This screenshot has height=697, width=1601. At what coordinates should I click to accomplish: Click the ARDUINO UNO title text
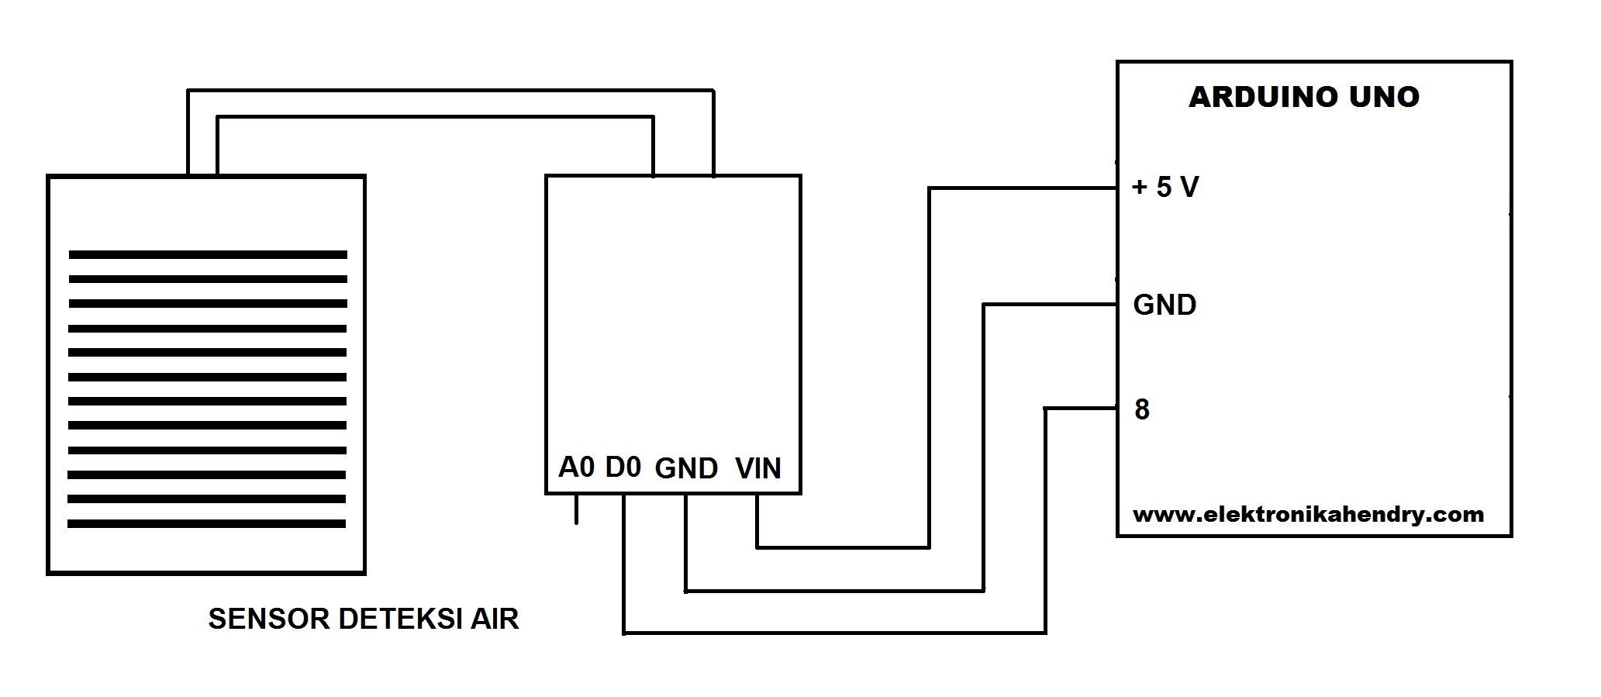[1303, 97]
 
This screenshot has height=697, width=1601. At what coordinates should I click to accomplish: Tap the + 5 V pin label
[1165, 187]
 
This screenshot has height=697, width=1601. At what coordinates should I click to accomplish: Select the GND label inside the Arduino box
[1165, 305]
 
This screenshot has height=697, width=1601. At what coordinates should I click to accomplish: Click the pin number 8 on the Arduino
[1141, 409]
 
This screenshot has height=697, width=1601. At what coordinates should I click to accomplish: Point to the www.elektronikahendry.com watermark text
[1308, 514]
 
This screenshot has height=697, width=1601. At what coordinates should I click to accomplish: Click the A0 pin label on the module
[576, 468]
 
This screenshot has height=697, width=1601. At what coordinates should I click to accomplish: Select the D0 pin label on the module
[623, 468]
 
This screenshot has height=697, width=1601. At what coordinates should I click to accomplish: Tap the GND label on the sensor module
[686, 468]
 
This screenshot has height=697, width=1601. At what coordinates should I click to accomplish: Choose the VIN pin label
[757, 468]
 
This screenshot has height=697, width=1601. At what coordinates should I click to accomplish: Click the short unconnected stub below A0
[576, 509]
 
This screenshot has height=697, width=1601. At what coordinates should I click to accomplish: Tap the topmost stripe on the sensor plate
[208, 254]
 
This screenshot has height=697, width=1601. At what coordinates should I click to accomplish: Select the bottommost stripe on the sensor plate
[206, 524]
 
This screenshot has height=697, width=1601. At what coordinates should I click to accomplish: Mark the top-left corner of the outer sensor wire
[188, 91]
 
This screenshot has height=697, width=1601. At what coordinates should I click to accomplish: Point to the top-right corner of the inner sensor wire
[653, 118]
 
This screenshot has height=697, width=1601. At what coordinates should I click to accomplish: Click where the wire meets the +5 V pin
[1116, 188]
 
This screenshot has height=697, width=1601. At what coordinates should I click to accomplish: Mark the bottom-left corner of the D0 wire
[624, 633]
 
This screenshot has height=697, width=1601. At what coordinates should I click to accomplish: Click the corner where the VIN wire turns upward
[929, 547]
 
